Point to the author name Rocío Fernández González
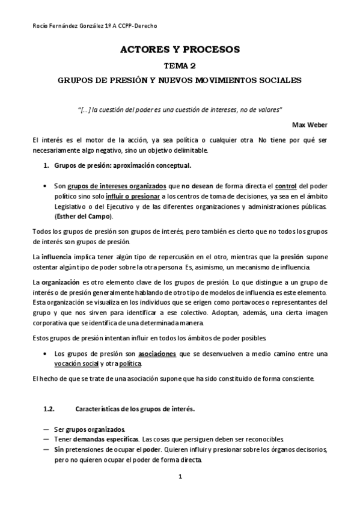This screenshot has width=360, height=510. (66, 26)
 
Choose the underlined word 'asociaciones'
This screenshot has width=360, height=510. (157, 354)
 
